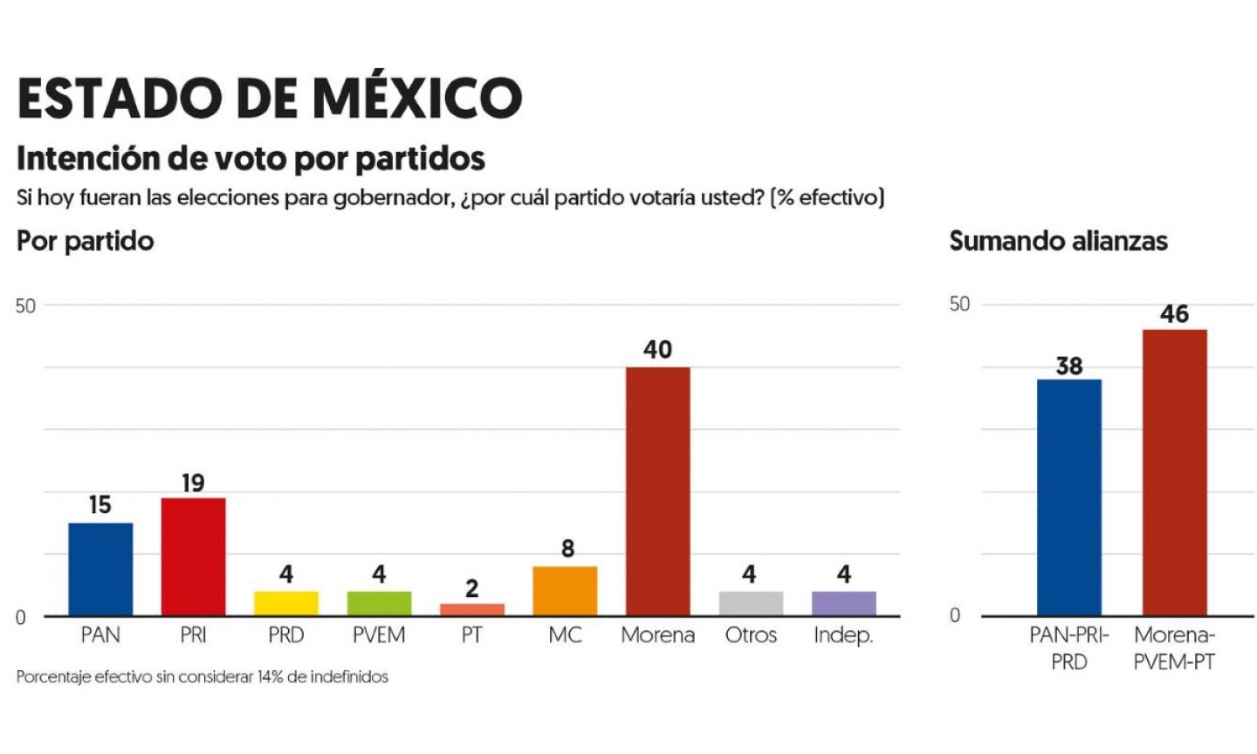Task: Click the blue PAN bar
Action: tap(100, 569)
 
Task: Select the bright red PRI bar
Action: tap(193, 557)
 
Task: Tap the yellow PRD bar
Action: tap(286, 603)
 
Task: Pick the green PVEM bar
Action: tap(379, 603)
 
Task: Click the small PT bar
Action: tap(471, 609)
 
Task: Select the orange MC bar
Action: tap(565, 591)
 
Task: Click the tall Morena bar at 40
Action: tap(657, 491)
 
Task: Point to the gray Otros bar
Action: tap(751, 603)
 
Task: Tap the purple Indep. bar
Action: tap(843, 603)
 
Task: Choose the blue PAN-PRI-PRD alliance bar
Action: tap(1068, 497)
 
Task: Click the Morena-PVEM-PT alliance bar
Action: tap(1174, 472)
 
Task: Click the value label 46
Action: tap(1174, 314)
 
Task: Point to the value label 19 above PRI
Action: tap(193, 483)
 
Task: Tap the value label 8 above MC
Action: tap(567, 549)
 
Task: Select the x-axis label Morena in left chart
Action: tap(657, 635)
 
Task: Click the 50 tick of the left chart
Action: tap(25, 305)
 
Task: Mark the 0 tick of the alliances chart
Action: tap(954, 615)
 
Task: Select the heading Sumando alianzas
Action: tap(1058, 241)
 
